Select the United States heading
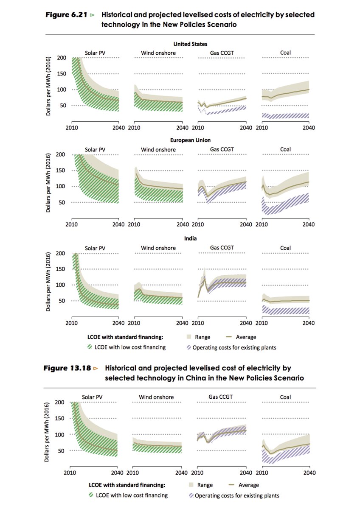(191, 44)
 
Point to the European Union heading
(191, 140)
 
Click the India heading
(191, 239)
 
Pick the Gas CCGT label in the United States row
(222, 53)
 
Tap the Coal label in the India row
(286, 248)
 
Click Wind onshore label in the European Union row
(158, 149)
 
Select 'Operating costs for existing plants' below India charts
(234, 347)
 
